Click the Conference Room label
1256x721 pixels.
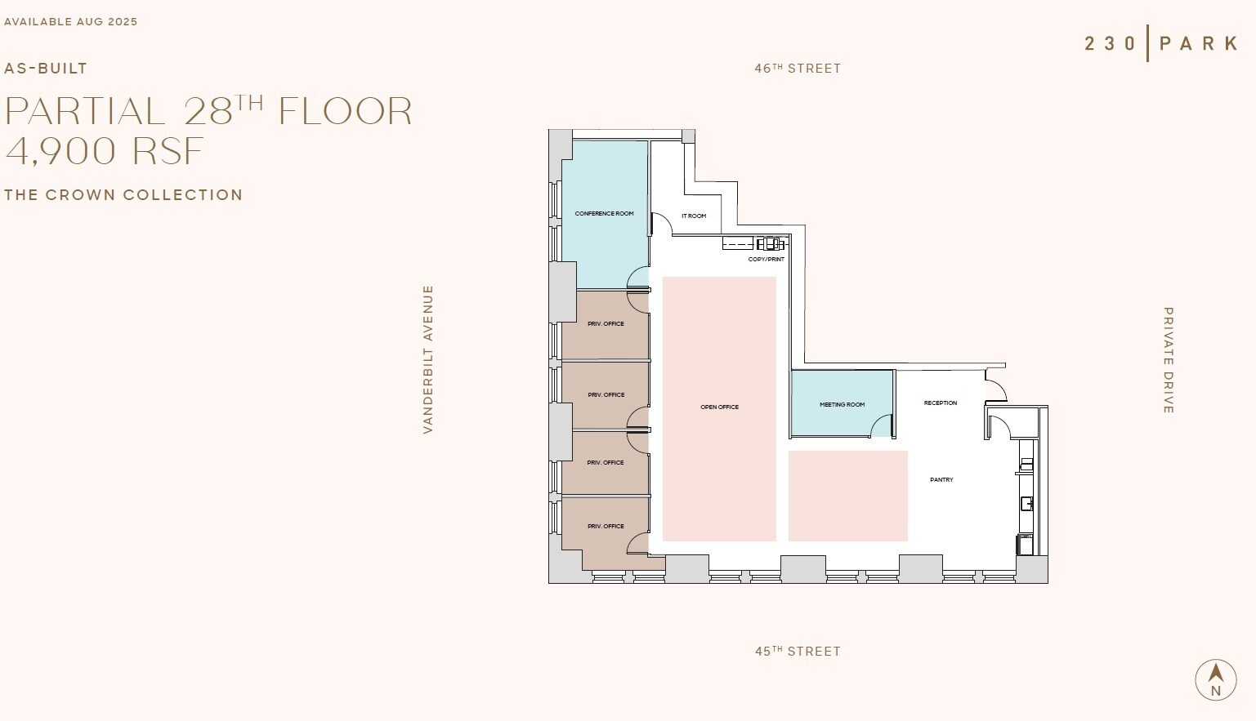point(604,214)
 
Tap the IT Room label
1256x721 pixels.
point(694,216)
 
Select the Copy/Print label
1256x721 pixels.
point(766,260)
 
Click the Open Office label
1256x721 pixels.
point(719,407)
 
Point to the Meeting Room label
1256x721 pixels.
point(842,405)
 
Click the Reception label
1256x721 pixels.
point(940,403)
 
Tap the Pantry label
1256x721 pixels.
point(941,480)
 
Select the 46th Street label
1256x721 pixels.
point(798,69)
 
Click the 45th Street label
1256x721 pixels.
point(798,652)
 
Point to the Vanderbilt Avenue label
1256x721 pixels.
point(428,359)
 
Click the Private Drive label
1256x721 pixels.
point(1169,360)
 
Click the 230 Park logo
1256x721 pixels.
point(1161,43)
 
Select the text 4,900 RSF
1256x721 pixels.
point(105,151)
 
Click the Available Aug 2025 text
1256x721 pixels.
point(71,22)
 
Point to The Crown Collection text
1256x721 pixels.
point(123,195)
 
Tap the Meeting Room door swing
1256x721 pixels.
point(881,426)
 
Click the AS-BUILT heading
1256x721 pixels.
point(46,69)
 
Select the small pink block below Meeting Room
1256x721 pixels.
point(847,496)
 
